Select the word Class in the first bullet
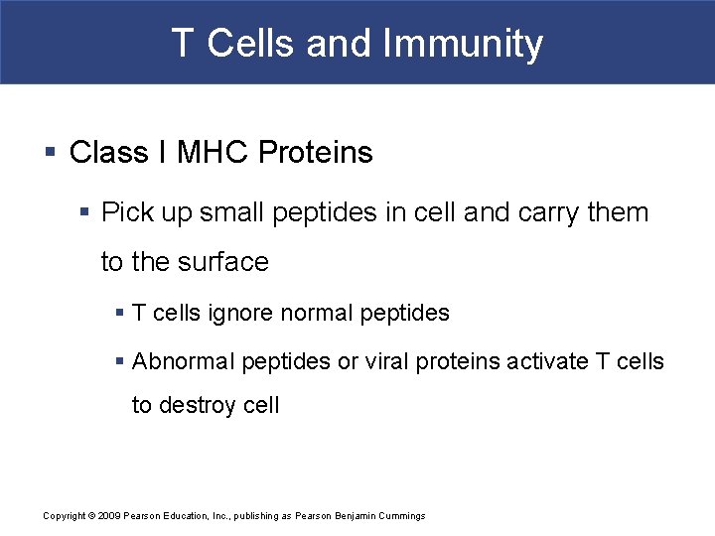coord(109,153)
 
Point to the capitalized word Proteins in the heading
coord(316,153)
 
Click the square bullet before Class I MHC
coord(50,153)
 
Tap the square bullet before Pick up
coord(86,212)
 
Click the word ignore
coord(241,314)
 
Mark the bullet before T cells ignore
coord(120,314)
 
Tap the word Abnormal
coord(180,361)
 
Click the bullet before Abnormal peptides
coord(120,361)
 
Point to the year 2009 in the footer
coord(110,516)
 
